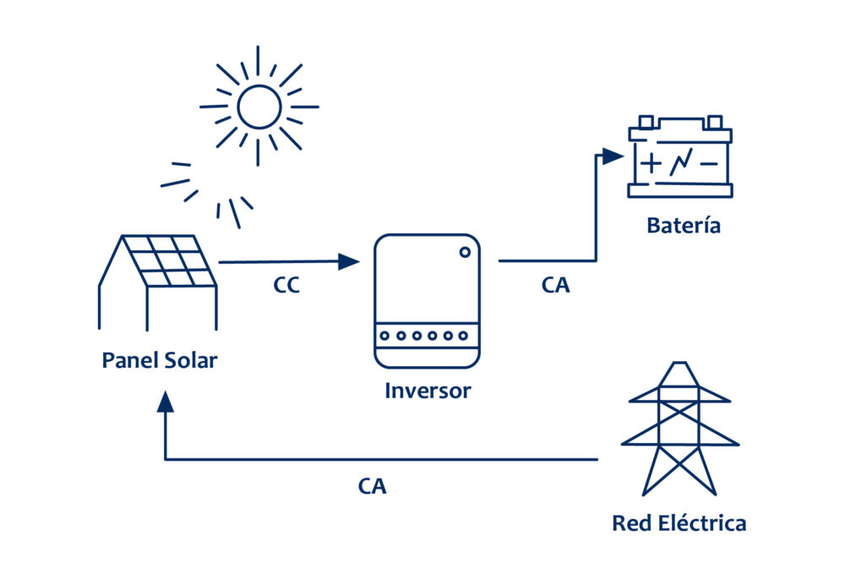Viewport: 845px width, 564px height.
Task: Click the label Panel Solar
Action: click(x=159, y=361)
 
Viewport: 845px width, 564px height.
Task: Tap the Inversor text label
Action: click(x=428, y=392)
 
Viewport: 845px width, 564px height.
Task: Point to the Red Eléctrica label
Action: click(x=679, y=523)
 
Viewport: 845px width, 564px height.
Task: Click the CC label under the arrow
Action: click(x=286, y=286)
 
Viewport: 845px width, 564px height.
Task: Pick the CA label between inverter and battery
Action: click(x=555, y=286)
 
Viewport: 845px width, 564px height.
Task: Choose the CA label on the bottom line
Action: click(x=372, y=487)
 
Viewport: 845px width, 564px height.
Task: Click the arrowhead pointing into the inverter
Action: click(x=348, y=261)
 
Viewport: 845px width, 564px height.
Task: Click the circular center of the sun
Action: click(x=259, y=107)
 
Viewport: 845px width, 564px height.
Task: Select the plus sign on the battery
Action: click(x=651, y=163)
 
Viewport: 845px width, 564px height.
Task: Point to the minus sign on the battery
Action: click(x=709, y=163)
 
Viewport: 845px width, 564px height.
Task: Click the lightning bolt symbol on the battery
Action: click(x=680, y=163)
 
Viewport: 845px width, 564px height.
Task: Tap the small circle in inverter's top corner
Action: click(x=465, y=251)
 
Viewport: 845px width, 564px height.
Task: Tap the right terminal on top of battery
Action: click(x=714, y=123)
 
